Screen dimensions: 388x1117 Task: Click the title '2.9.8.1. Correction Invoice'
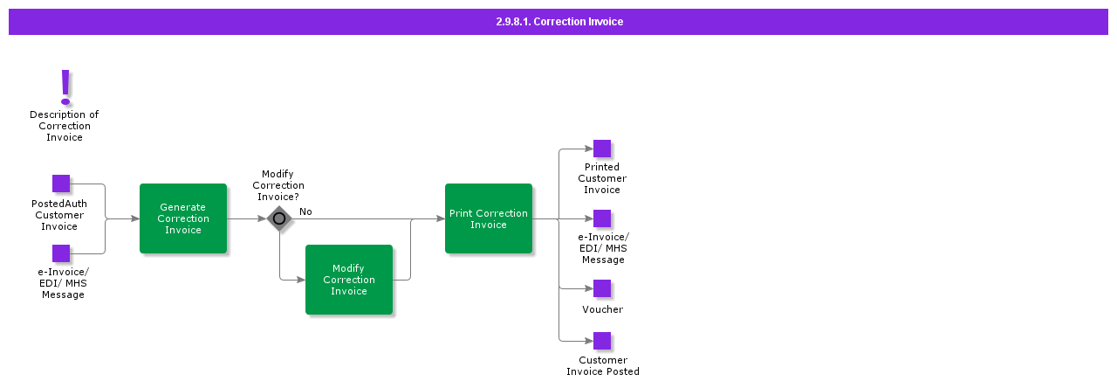558,22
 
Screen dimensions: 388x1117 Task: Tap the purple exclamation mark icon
65,87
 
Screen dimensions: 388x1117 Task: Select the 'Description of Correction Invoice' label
65,126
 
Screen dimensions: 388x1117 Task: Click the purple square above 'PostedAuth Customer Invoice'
61,184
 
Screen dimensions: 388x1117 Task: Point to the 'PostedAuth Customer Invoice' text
59,215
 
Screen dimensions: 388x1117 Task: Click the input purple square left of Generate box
61,253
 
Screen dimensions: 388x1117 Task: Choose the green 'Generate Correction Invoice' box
183,218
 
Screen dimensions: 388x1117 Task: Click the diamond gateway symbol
279,218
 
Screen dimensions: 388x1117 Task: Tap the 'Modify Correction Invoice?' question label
278,185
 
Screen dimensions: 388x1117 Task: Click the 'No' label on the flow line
305,211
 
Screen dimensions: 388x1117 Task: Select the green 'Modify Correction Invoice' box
349,280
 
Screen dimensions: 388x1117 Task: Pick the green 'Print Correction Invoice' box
489,218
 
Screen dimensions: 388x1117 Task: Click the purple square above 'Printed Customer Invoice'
602,149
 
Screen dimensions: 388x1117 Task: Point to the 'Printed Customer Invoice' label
602,178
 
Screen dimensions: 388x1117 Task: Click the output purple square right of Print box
602,218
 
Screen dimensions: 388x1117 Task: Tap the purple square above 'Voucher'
602,288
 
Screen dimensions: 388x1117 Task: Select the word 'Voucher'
603,309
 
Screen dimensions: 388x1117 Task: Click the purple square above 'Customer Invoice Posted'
602,341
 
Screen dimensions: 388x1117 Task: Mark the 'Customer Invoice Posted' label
603,365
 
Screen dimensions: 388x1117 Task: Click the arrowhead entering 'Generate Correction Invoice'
135,218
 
